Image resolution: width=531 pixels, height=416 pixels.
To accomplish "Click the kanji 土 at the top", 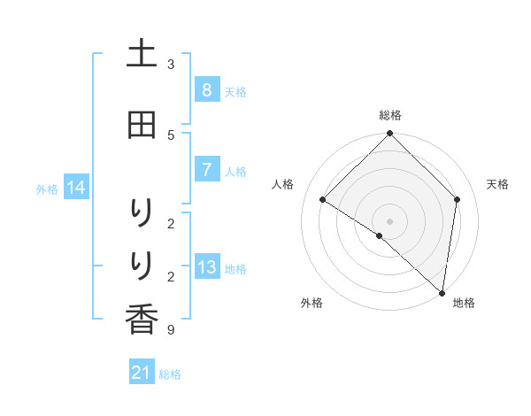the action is [142, 54].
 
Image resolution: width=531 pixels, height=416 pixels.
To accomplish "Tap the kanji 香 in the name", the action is [142, 319].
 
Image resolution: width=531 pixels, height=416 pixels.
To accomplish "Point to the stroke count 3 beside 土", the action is [171, 64].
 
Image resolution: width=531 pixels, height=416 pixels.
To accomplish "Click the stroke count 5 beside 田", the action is [171, 135].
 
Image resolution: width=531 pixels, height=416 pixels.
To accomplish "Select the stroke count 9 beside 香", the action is [171, 330].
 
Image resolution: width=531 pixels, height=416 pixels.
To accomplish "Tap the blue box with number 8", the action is [206, 89].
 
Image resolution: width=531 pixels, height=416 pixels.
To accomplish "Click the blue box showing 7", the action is [206, 170].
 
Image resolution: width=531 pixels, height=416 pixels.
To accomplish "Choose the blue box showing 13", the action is [206, 267].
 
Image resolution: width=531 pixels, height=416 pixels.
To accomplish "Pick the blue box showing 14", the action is [75, 188].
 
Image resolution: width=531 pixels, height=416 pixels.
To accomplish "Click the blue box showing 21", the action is [142, 374].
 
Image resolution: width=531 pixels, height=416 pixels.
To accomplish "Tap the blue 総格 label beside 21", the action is [170, 374].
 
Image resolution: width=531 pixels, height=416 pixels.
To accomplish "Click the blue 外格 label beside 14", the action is [47, 189].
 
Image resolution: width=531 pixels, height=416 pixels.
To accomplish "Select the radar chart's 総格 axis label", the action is [390, 115].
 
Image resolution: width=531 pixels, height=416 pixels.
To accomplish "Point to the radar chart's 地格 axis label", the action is [464, 303].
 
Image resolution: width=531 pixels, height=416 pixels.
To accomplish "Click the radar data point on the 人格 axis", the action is [323, 199].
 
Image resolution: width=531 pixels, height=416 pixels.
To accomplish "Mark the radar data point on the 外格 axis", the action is [380, 235].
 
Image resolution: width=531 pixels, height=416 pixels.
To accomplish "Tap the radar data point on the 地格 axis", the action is [442, 292].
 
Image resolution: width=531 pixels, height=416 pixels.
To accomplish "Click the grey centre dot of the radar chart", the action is [390, 220].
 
